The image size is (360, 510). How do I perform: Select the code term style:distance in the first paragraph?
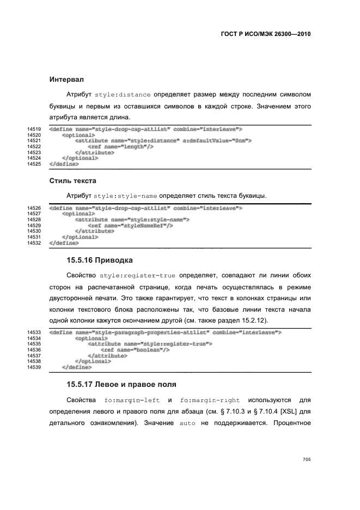[x=122, y=94]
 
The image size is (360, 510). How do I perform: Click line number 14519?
[x=34, y=129]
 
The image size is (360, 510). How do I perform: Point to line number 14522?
[x=34, y=147]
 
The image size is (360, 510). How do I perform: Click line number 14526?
[x=34, y=208]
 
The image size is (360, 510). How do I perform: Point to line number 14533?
[x=34, y=332]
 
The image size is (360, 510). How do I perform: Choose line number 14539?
[x=34, y=367]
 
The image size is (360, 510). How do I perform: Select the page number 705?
[x=306, y=460]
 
